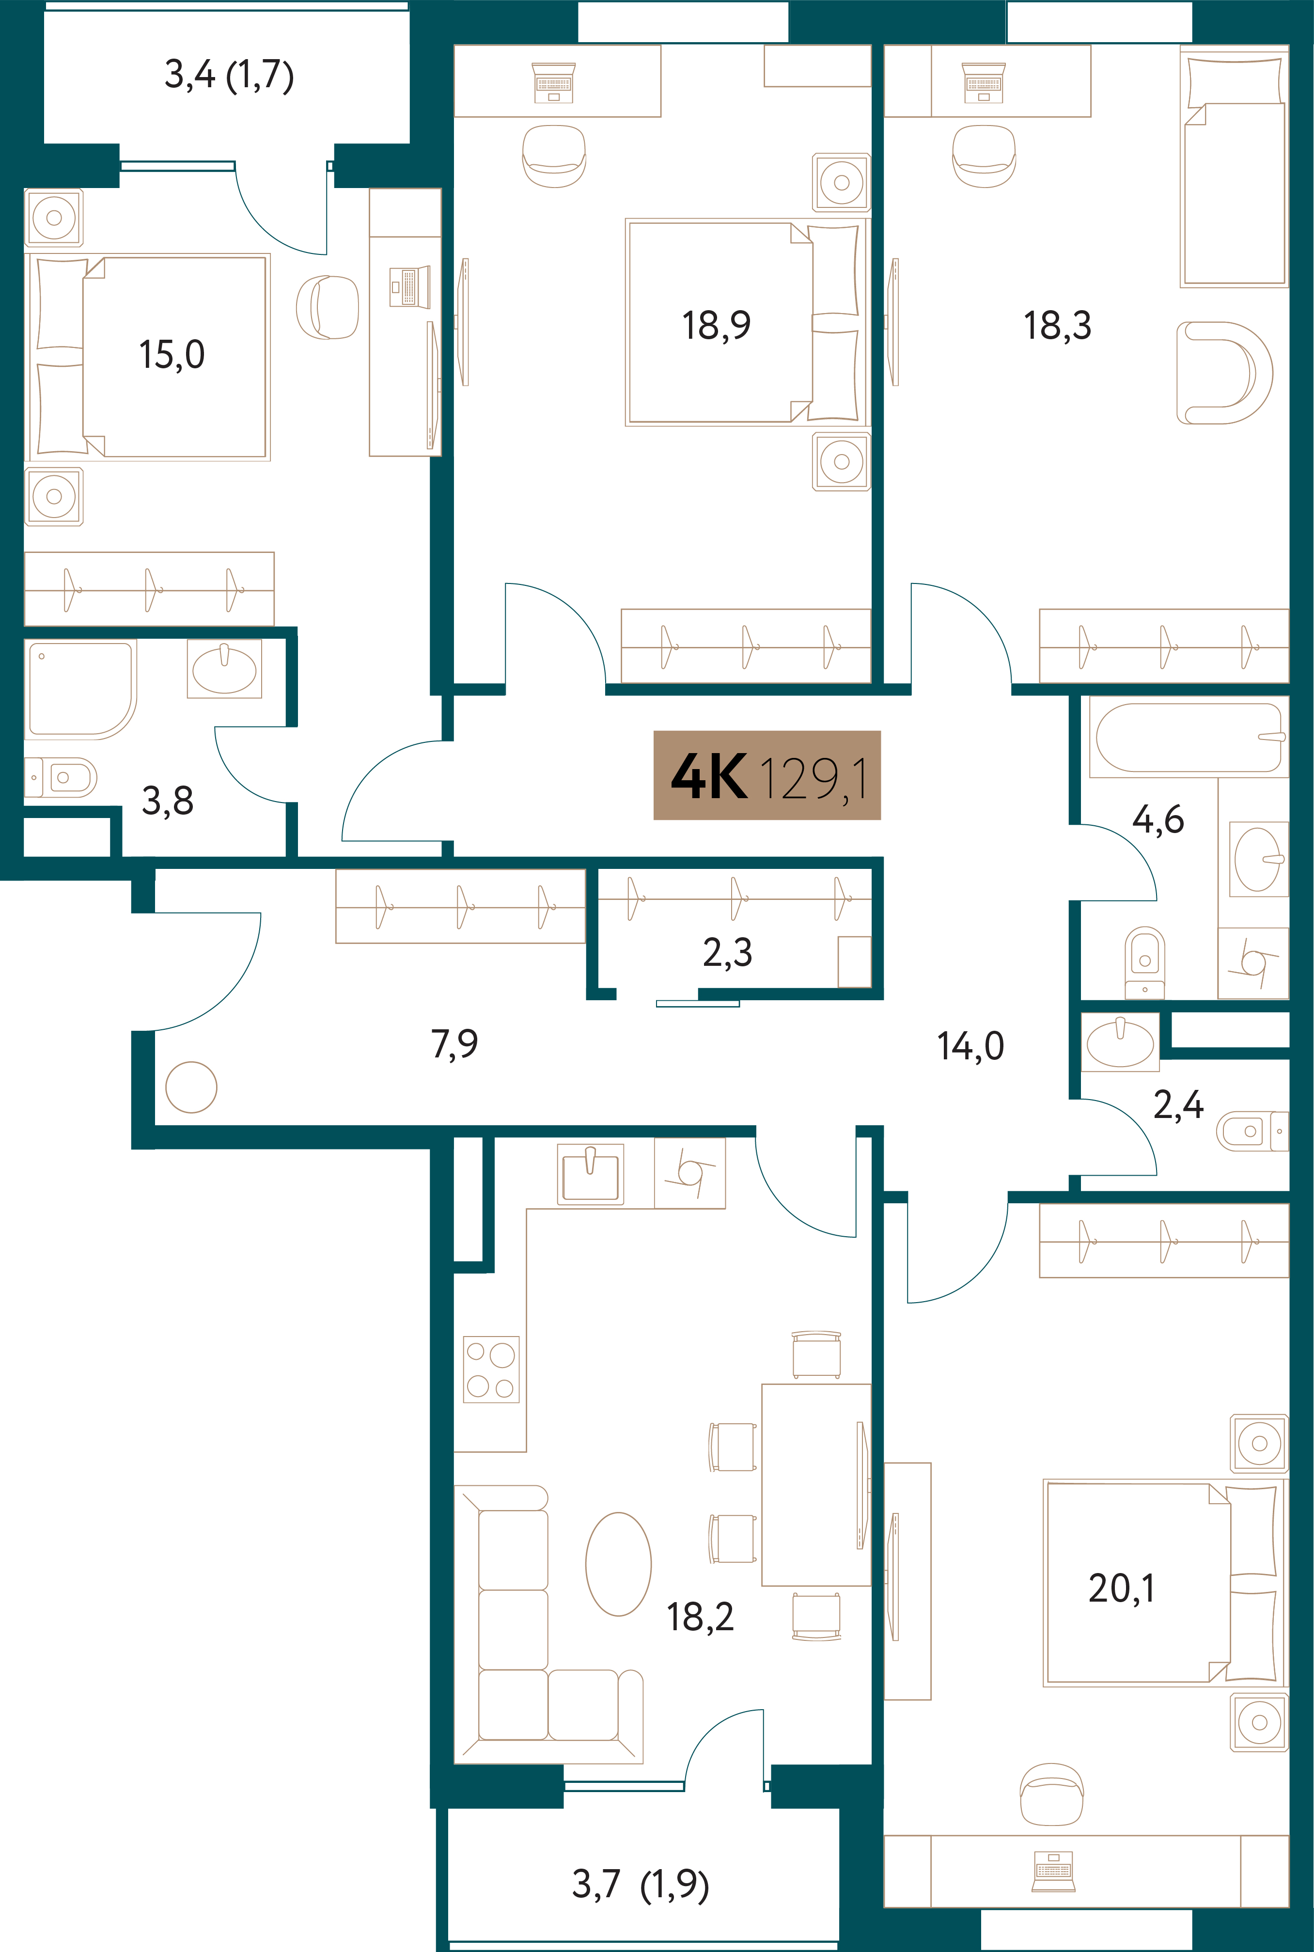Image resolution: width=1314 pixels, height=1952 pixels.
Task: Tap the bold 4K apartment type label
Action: pos(709,776)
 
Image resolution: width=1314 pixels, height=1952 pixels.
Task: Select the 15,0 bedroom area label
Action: pos(172,355)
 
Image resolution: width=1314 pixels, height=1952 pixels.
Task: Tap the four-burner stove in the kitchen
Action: pos(491,1369)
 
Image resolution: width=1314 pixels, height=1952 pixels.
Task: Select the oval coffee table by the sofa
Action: pos(618,1564)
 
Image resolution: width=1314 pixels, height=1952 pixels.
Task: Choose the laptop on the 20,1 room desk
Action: pos(1053,1872)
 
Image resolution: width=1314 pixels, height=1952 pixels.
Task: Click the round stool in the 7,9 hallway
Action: pos(191,1087)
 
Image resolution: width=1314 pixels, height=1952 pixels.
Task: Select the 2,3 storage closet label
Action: pos(727,953)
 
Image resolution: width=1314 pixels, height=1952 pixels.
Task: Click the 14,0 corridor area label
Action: pos(970,1046)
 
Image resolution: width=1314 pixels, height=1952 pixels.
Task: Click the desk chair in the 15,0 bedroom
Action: pos(327,308)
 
